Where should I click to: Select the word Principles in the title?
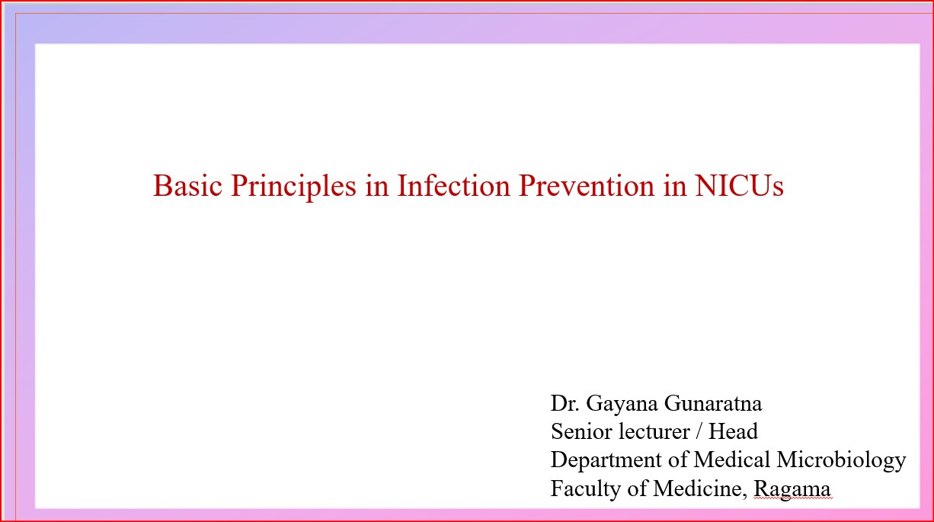293,186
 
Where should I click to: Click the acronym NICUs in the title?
739,186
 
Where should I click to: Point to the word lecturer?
653,431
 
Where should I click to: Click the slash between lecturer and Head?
699,432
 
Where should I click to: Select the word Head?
733,431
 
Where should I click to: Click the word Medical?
732,460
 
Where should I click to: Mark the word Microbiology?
842,460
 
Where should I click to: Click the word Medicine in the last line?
696,488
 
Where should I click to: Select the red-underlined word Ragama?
792,488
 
